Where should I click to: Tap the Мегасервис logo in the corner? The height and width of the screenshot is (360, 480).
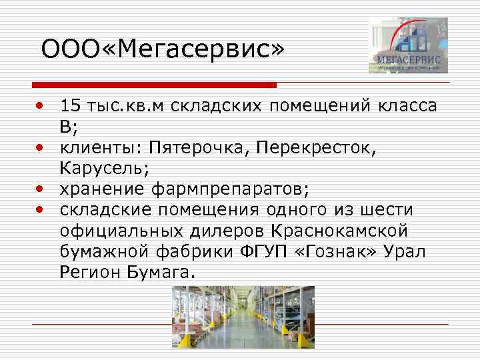[x=408, y=45]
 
